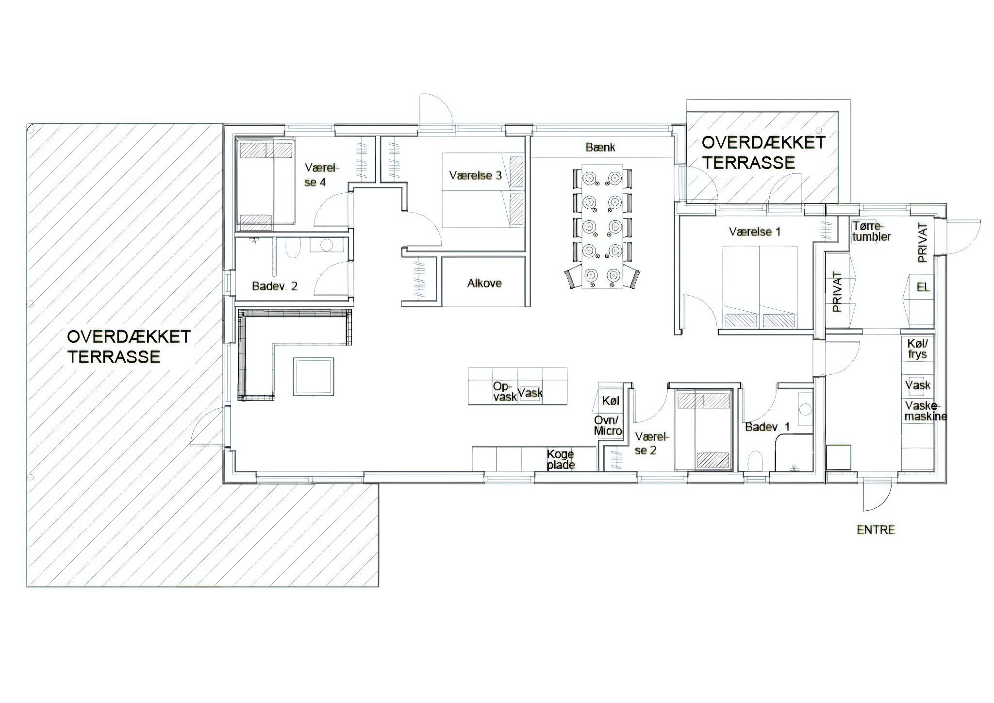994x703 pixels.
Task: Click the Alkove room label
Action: pos(484,283)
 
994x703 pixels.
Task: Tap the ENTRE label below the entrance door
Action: pos(876,530)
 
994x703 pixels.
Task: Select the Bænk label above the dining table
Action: pos(600,147)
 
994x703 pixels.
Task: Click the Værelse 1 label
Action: pos(755,232)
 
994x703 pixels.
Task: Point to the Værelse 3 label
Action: pos(475,175)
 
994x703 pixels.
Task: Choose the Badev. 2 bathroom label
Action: pos(274,286)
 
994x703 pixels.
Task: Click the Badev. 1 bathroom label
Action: pos(767,427)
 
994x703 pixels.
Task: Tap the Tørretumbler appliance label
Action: pos(871,232)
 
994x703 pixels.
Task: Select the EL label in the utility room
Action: pos(923,287)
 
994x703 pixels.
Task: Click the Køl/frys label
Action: pos(917,349)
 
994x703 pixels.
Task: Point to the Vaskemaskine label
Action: pos(926,411)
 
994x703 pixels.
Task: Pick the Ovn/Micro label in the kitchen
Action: pos(608,425)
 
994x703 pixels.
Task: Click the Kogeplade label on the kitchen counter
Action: pos(561,459)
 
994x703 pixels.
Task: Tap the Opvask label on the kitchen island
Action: pos(505,391)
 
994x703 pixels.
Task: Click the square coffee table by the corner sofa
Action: pos(314,377)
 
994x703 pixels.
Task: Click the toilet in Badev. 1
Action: pos(756,461)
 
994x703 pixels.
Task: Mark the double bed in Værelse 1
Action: pos(760,287)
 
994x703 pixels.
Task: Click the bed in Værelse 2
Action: pos(703,430)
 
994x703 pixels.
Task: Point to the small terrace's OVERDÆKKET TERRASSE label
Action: pos(763,152)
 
